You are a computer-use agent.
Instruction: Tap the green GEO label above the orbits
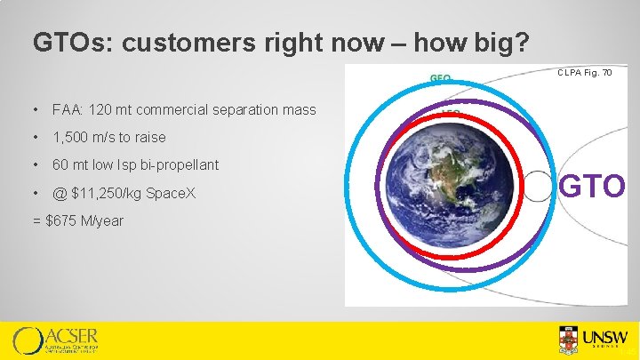(x=441, y=78)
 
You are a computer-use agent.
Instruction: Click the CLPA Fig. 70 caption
(x=584, y=72)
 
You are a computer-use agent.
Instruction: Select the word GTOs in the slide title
(x=68, y=43)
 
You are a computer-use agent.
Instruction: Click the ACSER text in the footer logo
(x=72, y=336)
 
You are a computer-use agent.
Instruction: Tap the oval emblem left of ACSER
(x=28, y=341)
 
